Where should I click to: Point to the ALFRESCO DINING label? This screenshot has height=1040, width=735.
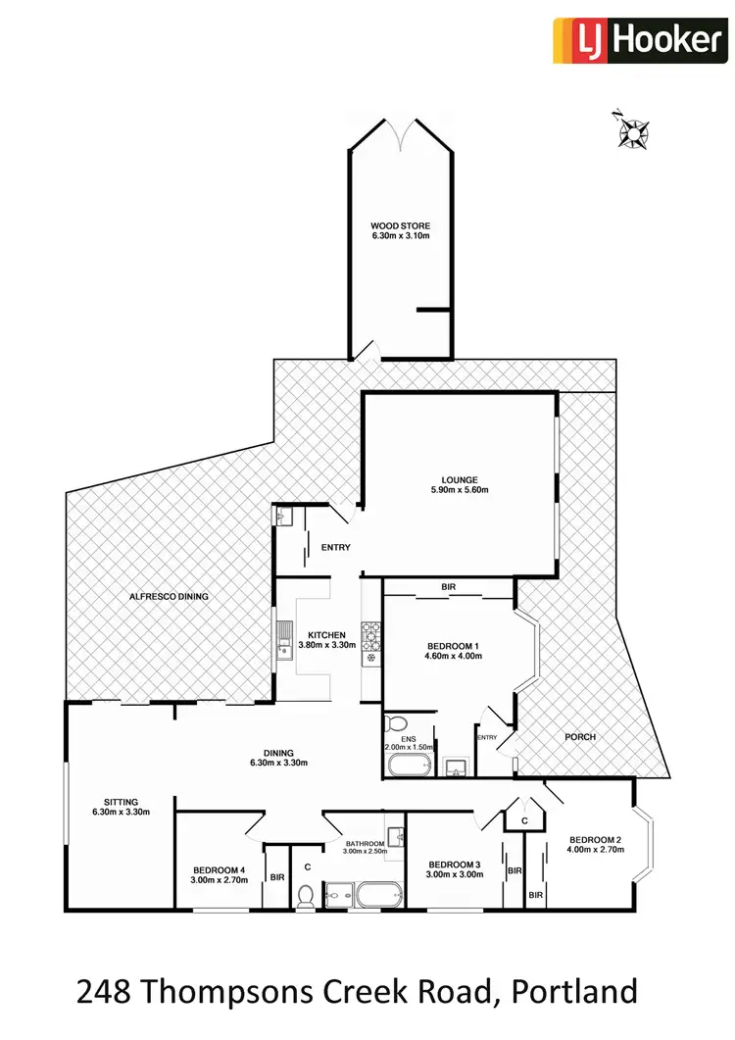[170, 596]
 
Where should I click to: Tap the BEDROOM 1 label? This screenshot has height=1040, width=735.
[453, 645]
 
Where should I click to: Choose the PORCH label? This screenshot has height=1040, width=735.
[580, 737]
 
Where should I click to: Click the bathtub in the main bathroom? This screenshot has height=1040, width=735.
[378, 895]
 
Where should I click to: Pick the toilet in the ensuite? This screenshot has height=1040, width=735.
[396, 724]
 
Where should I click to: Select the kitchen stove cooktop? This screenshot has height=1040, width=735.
[370, 637]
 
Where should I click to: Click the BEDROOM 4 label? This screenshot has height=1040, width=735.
[220, 868]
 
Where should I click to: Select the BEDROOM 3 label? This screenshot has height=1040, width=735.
[455, 864]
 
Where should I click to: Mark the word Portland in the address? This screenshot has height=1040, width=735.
[577, 992]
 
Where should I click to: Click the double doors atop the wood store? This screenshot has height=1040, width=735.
[401, 134]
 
